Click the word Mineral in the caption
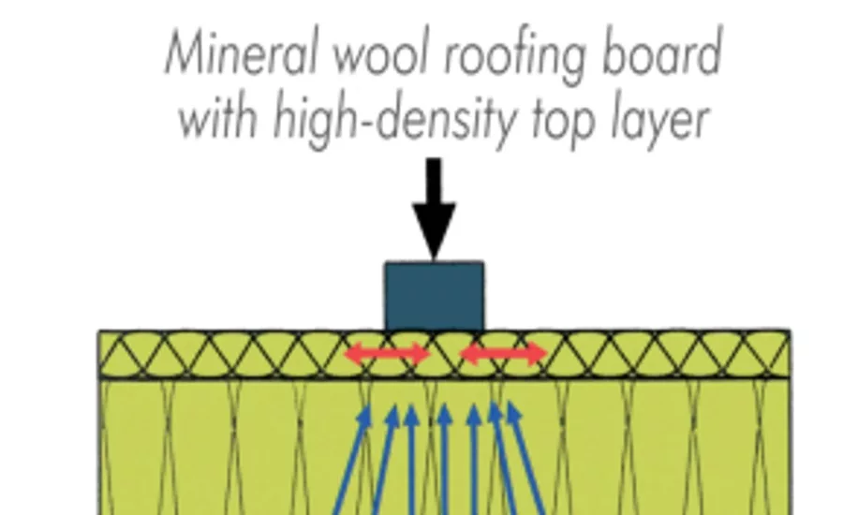pos(241,52)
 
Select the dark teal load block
pos(434,296)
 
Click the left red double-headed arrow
pos(387,354)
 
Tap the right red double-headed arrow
pos(504,354)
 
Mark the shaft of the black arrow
pos(434,181)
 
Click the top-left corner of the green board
pos(98,331)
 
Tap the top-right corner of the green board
pos(790,331)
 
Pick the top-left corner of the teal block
pos(385,262)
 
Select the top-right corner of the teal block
pos(483,262)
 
